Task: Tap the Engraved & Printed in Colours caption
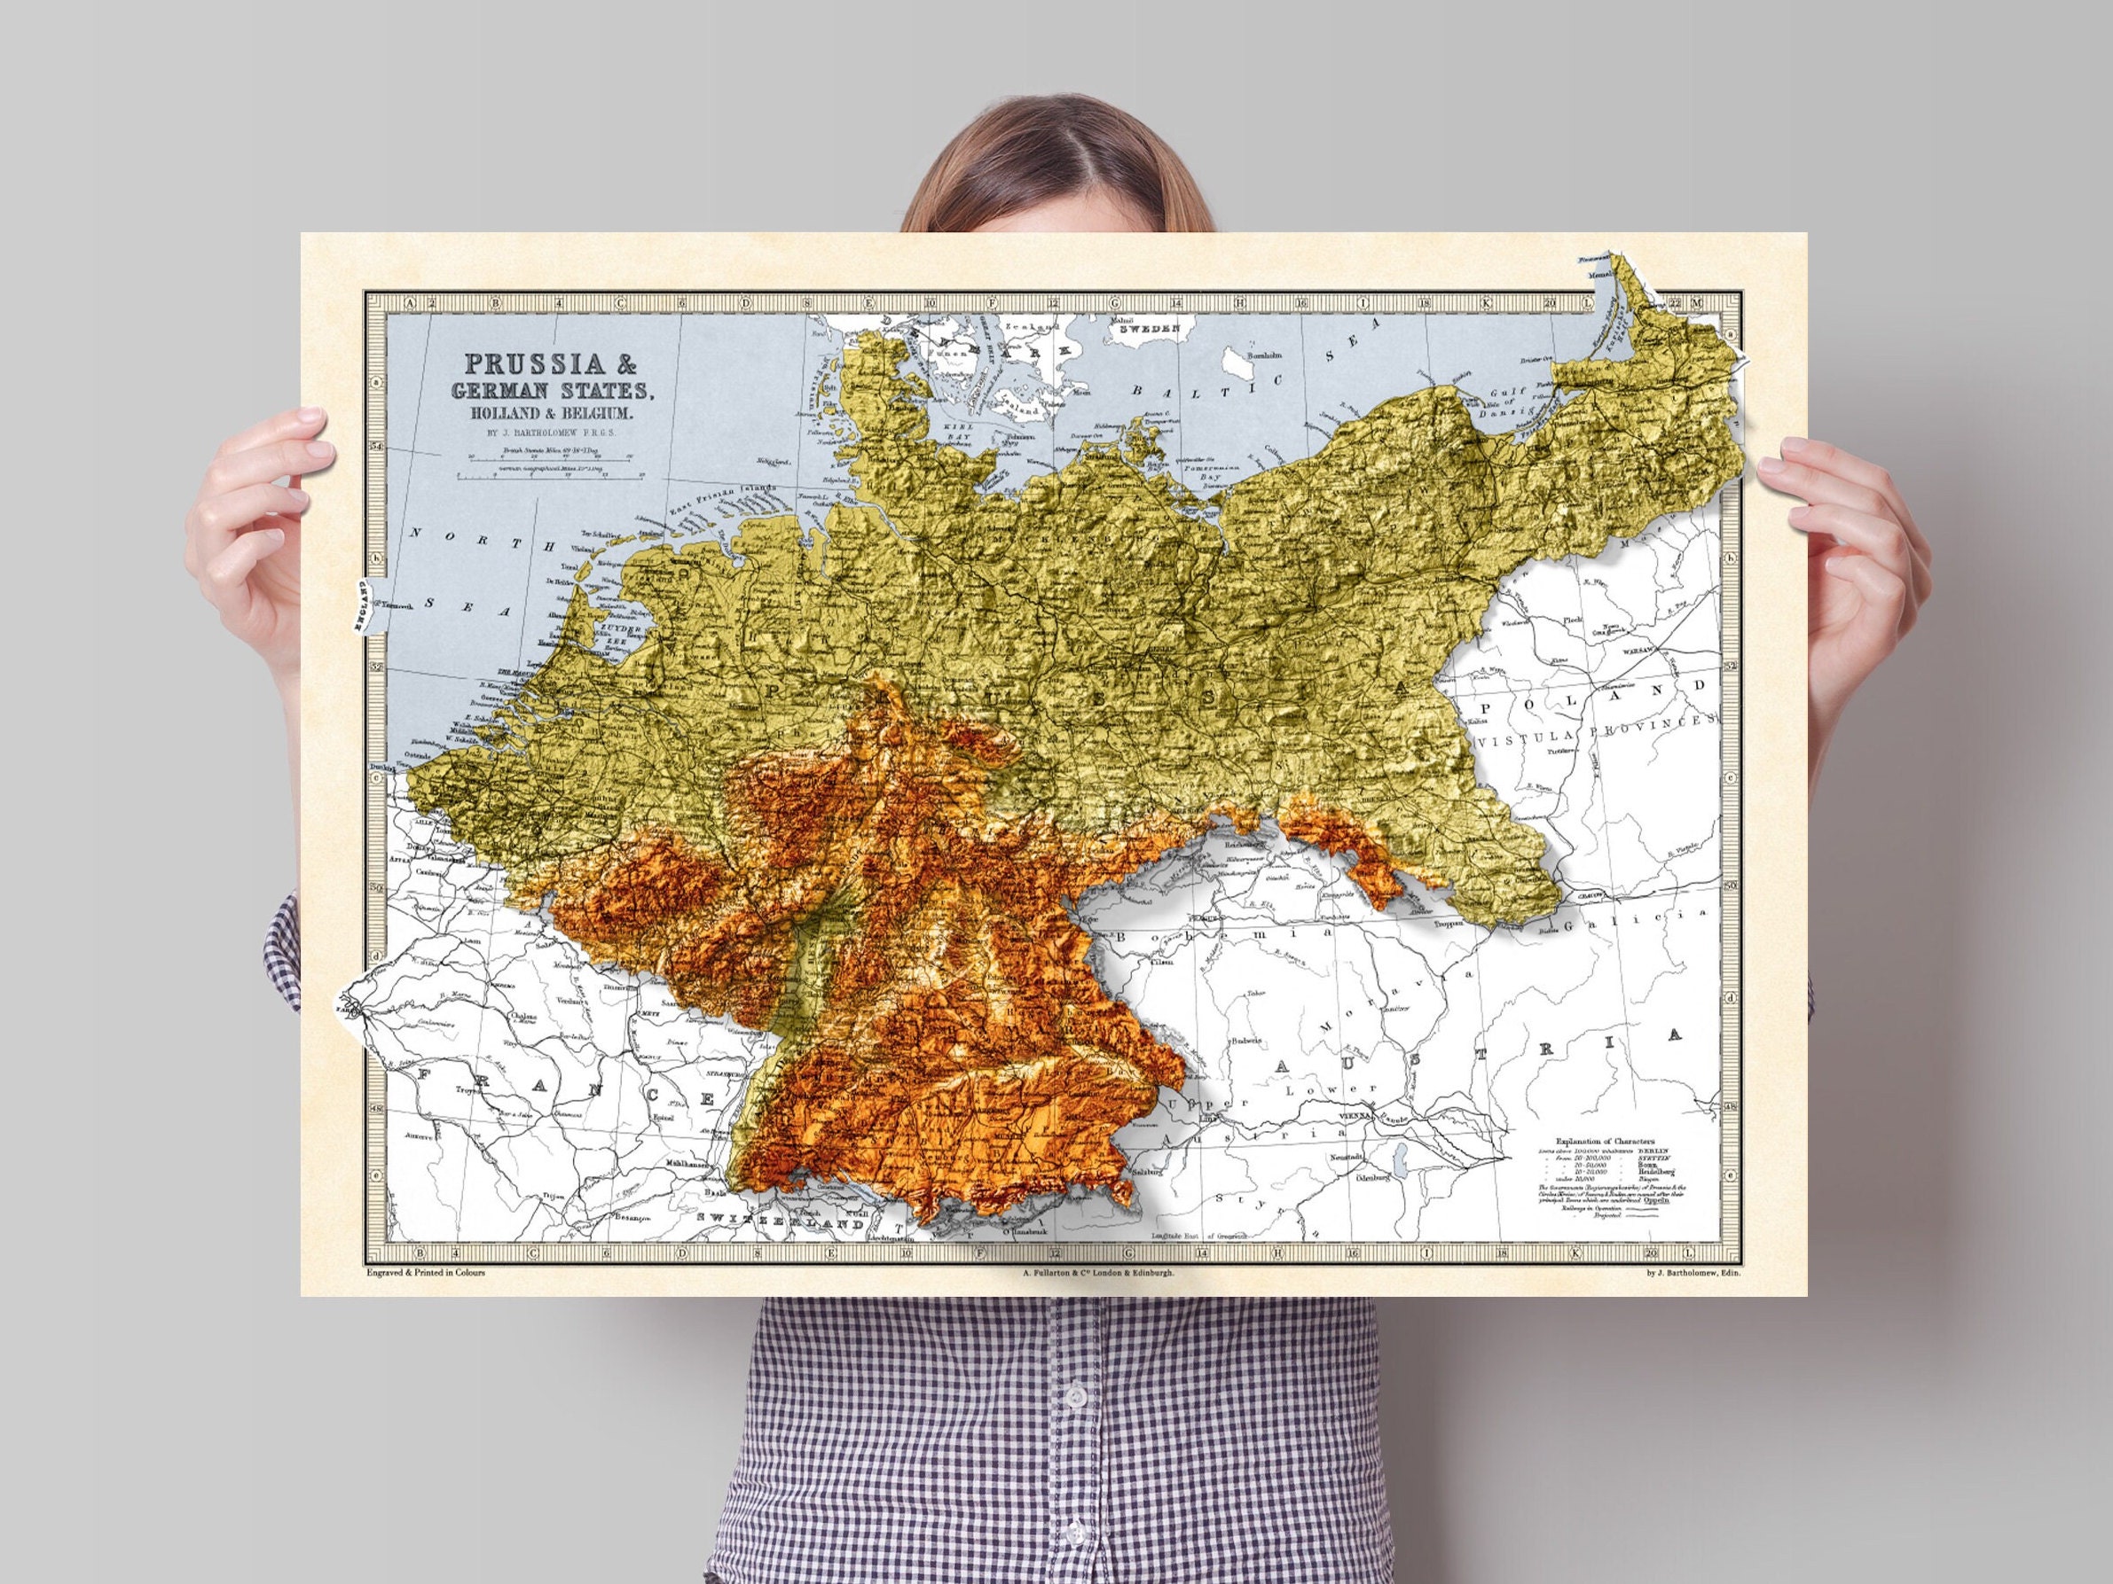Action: click(425, 1273)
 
